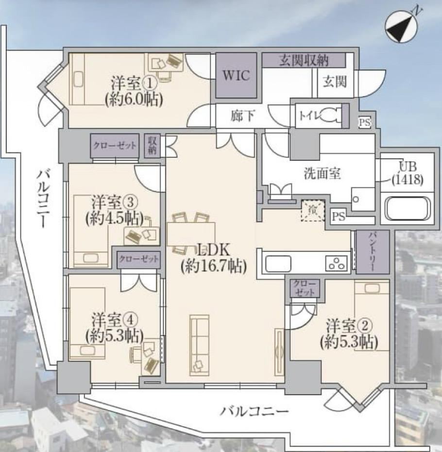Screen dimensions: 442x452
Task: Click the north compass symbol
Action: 401,27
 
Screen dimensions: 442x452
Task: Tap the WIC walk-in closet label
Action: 236,76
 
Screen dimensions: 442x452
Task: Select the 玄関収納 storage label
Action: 304,61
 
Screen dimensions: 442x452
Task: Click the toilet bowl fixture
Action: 330,115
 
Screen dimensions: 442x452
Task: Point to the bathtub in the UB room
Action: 408,208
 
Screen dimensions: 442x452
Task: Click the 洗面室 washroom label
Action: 322,173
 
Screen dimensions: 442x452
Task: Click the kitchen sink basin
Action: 278,264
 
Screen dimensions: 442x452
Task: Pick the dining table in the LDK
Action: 191,234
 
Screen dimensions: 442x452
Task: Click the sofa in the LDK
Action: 199,345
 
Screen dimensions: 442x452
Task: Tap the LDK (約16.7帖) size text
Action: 213,258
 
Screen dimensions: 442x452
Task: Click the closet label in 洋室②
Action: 305,288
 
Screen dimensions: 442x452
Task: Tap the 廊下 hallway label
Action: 242,116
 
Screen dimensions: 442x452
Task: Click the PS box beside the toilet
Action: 364,122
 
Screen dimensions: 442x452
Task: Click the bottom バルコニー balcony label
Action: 254,411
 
